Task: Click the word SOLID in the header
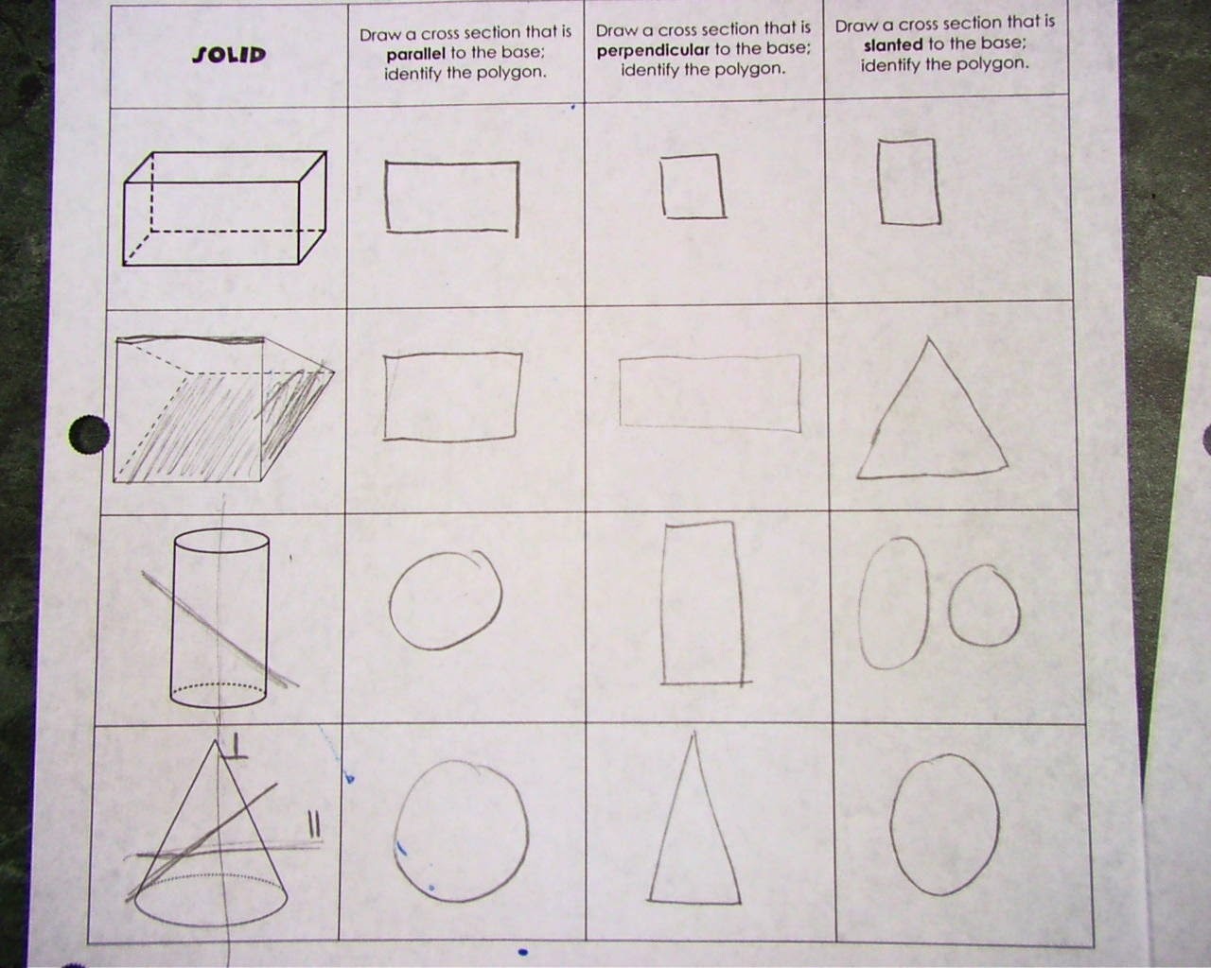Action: click(x=229, y=55)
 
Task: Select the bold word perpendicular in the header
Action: click(x=653, y=50)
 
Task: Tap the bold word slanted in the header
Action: click(x=892, y=44)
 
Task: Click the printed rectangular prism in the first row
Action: click(x=226, y=208)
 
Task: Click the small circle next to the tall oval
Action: click(x=984, y=608)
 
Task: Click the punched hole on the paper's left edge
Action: click(x=89, y=436)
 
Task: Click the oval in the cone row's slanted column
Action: click(x=944, y=823)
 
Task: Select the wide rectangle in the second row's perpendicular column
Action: click(x=710, y=391)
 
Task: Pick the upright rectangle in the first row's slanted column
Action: click(x=909, y=181)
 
